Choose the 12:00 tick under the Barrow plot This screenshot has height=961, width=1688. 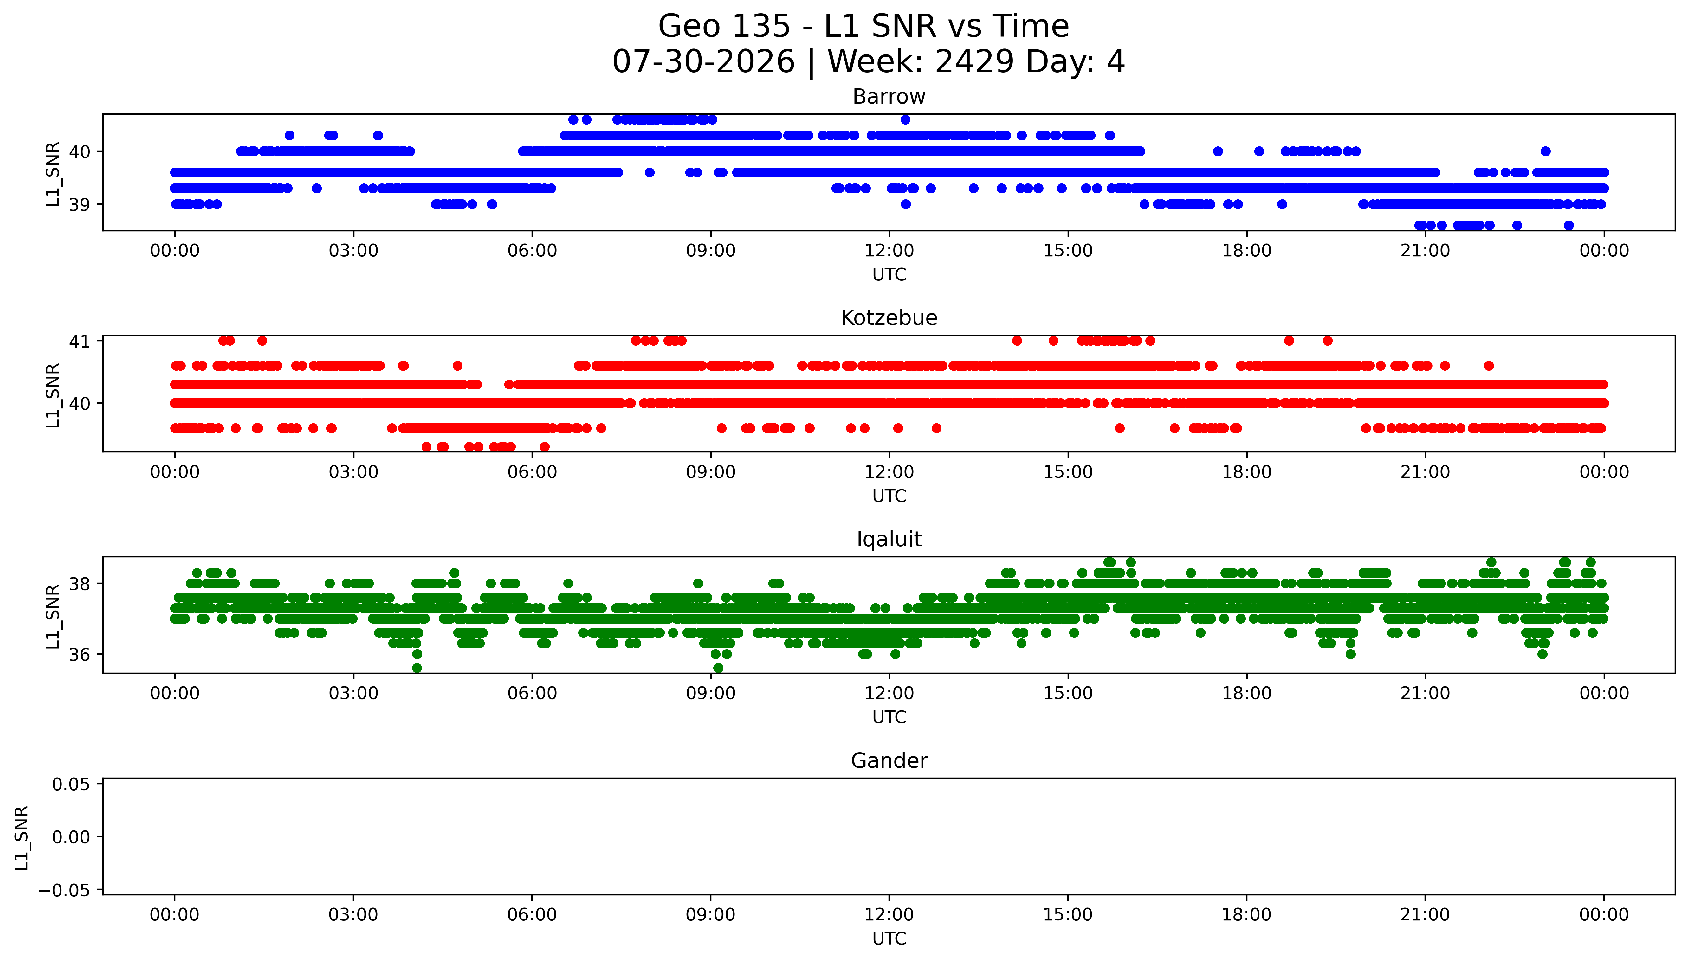(889, 251)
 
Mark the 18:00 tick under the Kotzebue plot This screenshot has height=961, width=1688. (1246, 472)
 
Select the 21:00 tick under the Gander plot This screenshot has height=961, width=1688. (1425, 915)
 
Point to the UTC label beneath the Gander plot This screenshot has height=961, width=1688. (889, 939)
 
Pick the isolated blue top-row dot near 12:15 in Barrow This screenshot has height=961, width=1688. (905, 119)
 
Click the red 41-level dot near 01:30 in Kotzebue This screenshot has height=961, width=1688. (262, 341)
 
